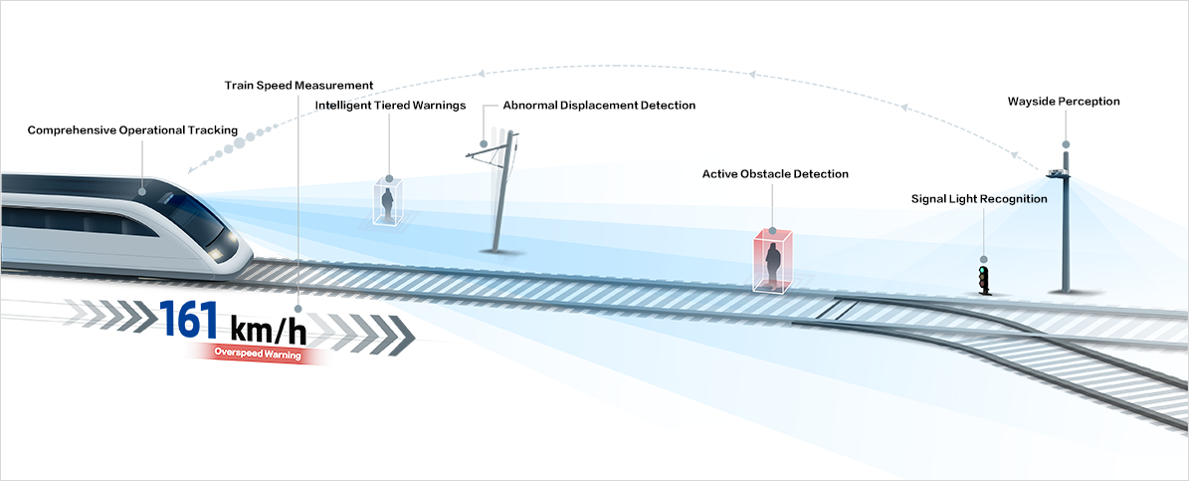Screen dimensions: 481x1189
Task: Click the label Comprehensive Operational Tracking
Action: click(x=132, y=130)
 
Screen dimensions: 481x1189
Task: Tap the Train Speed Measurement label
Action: click(x=298, y=86)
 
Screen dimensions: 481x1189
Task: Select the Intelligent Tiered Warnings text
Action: click(x=390, y=106)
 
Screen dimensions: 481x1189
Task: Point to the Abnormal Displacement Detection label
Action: click(x=599, y=106)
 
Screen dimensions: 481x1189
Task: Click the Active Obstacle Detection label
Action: click(x=775, y=174)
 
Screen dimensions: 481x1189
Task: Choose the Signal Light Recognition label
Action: click(x=979, y=199)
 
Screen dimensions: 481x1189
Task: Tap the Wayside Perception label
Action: click(x=1064, y=102)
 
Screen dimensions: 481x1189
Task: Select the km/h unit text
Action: click(x=269, y=327)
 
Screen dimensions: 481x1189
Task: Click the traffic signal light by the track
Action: click(x=985, y=280)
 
